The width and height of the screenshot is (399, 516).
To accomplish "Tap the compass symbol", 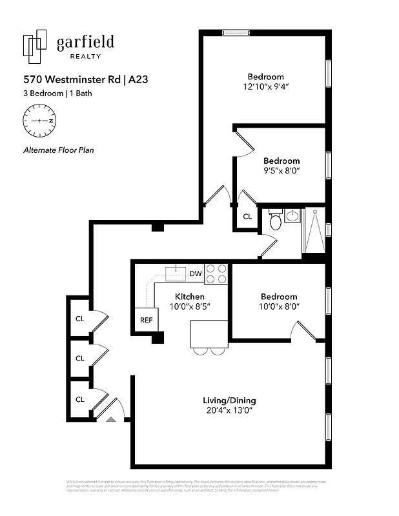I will click(39, 121).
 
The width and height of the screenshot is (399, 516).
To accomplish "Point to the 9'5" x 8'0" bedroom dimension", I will click(281, 171).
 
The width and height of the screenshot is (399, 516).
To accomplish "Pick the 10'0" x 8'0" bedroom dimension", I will click(279, 307).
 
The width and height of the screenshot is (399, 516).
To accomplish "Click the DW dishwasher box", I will click(196, 274).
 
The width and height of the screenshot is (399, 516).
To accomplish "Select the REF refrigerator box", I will click(147, 319).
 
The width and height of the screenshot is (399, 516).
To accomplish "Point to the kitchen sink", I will click(175, 273).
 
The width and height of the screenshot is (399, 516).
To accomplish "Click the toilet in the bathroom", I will click(275, 221).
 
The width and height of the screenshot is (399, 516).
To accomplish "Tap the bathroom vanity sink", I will click(292, 215).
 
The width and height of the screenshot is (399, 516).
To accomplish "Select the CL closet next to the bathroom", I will click(247, 217).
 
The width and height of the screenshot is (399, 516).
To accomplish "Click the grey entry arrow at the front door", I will click(110, 419).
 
